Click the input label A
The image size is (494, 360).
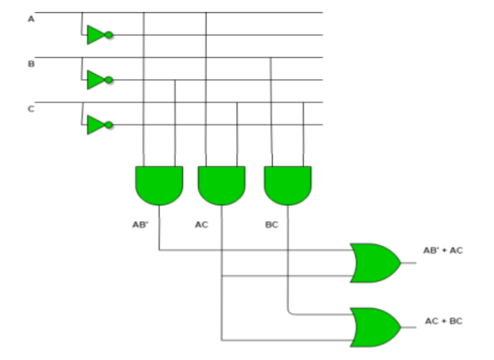click(31, 19)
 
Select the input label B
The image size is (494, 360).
click(31, 64)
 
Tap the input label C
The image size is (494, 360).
click(31, 109)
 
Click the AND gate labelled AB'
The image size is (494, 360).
click(159, 185)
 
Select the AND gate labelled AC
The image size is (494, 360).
click(221, 185)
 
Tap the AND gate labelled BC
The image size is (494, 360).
click(287, 185)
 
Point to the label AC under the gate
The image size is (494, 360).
click(202, 225)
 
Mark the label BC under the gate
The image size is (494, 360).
click(271, 225)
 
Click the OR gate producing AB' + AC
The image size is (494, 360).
click(374, 263)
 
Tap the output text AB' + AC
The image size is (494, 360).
click(443, 250)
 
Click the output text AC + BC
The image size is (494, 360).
click(443, 321)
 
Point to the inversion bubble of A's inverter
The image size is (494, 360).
click(110, 35)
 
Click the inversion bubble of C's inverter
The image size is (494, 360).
click(110, 125)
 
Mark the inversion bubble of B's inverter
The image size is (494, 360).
click(110, 80)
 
